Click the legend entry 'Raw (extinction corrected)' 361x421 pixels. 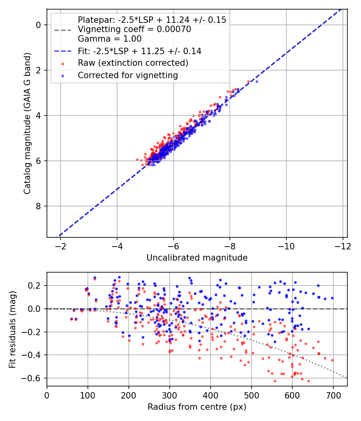tap(133, 63)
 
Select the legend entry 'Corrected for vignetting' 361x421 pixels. tap(128, 75)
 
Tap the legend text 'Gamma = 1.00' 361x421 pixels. tap(110, 39)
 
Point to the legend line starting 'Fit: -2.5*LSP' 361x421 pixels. tap(140, 51)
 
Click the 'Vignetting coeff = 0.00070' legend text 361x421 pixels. tap(134, 29)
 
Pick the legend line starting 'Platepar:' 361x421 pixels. tap(152, 20)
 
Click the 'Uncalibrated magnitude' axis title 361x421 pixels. tap(197, 257)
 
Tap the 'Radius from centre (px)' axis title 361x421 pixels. tap(197, 407)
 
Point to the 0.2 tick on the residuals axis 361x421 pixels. tap(37, 285)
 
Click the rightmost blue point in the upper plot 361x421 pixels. tap(257, 81)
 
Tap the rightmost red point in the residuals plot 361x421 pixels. tap(332, 360)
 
